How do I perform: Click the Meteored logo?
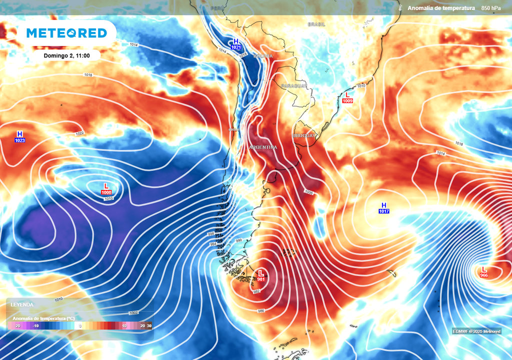tap(66, 33)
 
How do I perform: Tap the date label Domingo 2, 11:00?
tap(66, 55)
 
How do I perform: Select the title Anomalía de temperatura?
tap(440, 8)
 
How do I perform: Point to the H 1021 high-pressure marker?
tap(236, 44)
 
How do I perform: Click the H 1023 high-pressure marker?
tap(20, 137)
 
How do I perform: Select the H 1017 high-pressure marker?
tap(384, 208)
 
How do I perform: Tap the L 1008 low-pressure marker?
tap(106, 189)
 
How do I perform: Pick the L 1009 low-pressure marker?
tap(347, 97)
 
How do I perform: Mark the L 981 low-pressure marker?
tap(260, 275)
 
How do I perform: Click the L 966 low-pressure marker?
tap(483, 272)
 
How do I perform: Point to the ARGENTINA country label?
tap(263, 147)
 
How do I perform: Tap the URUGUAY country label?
tap(304, 135)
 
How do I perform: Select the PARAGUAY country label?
tap(293, 86)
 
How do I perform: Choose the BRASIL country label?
tap(316, 24)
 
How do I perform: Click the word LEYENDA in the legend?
tap(22, 304)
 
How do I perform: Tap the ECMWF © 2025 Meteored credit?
tap(476, 331)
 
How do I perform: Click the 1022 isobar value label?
tap(79, 133)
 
